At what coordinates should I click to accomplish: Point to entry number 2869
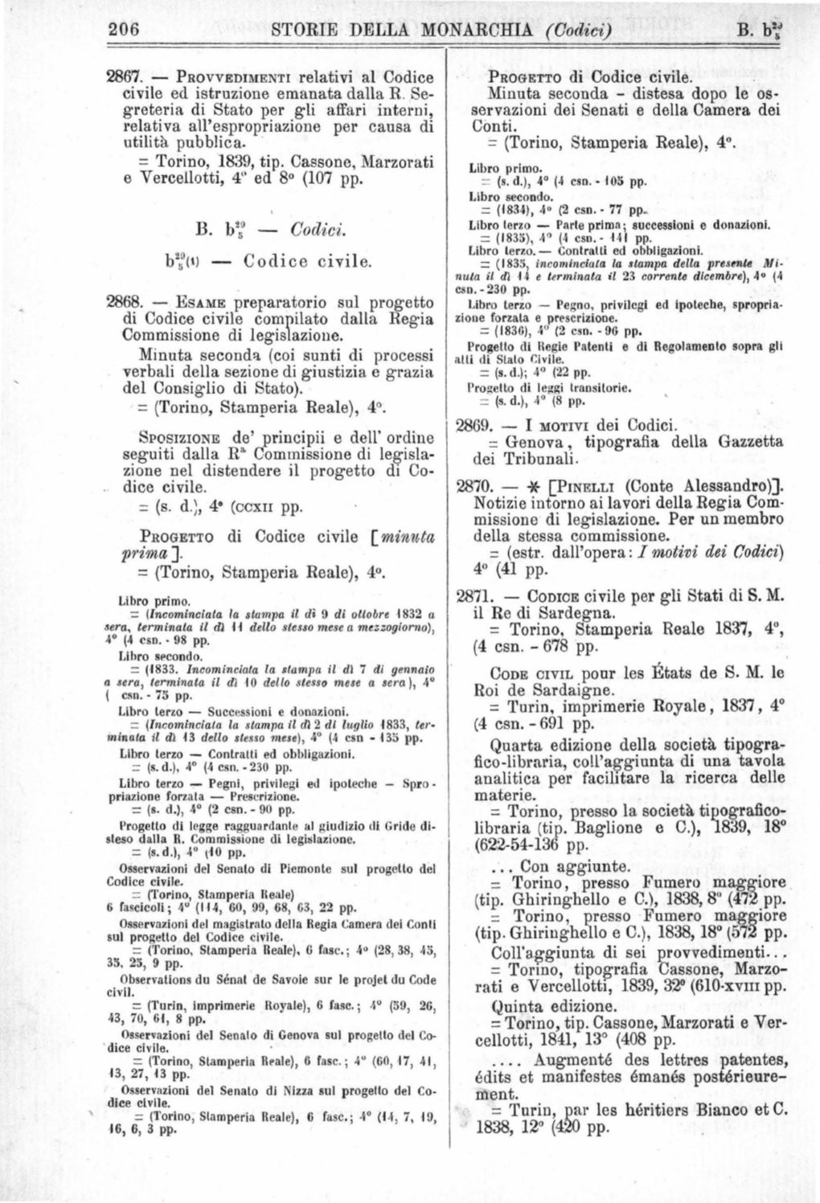[473, 424]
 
